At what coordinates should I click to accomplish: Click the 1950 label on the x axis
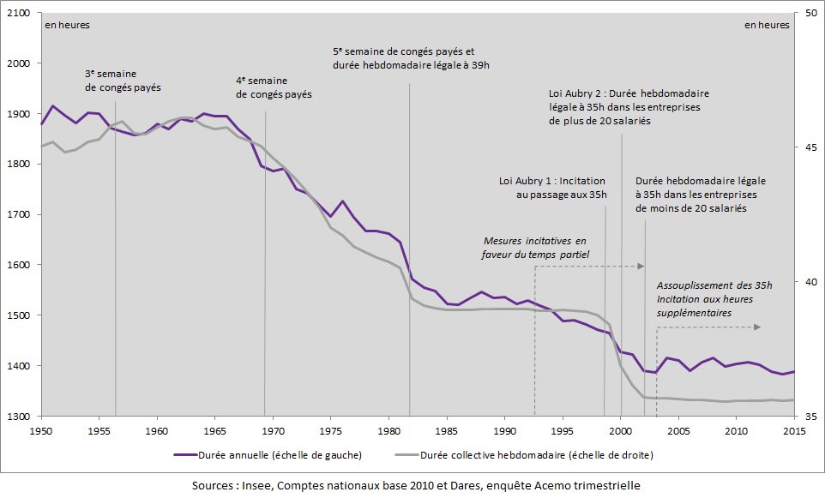click(41, 430)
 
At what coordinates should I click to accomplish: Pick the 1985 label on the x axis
click(447, 430)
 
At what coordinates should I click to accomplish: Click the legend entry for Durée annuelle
click(267, 454)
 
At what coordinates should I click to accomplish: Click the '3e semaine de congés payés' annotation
click(123, 81)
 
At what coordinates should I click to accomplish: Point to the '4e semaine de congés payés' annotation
click(274, 87)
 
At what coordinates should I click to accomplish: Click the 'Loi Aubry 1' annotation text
click(552, 189)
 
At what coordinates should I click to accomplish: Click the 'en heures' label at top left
click(67, 25)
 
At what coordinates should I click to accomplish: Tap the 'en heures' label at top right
click(766, 25)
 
